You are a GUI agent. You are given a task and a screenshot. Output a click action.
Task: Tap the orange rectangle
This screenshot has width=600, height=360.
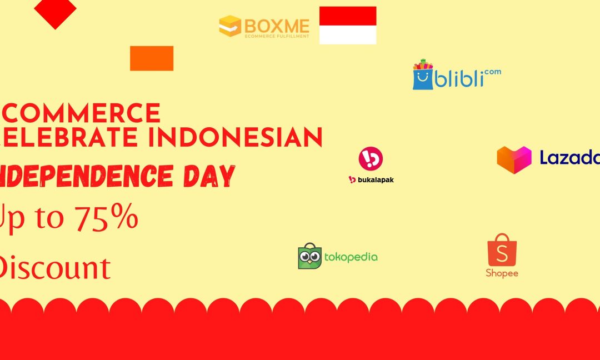click(x=152, y=58)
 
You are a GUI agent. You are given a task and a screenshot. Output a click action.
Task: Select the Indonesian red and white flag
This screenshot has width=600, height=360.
click(x=348, y=25)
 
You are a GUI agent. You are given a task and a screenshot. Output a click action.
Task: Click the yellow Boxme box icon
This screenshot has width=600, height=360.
click(x=230, y=26)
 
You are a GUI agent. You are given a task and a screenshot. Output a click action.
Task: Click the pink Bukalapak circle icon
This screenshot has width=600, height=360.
click(x=371, y=159)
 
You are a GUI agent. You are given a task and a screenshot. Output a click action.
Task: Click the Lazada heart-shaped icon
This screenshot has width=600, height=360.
click(x=514, y=159)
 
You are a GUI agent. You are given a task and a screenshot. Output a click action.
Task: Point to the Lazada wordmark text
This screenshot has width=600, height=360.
click(x=569, y=158)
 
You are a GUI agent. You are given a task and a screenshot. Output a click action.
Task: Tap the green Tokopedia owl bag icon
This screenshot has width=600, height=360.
click(x=309, y=256)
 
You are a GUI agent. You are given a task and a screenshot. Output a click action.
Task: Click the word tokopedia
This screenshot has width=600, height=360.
click(x=351, y=257)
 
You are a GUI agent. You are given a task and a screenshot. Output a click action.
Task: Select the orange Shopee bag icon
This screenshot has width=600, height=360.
click(x=502, y=251)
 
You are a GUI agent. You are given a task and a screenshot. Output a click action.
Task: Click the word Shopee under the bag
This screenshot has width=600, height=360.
click(x=502, y=273)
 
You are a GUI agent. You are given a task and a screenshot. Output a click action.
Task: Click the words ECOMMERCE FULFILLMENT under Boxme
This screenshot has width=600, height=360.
click(x=277, y=36)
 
